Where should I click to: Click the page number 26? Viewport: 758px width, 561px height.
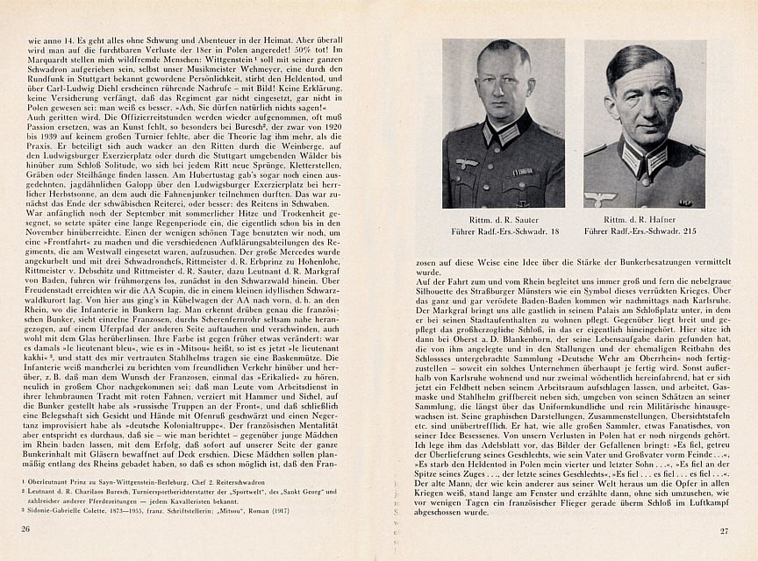[24, 529]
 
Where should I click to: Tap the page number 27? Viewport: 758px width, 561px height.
[725, 530]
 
